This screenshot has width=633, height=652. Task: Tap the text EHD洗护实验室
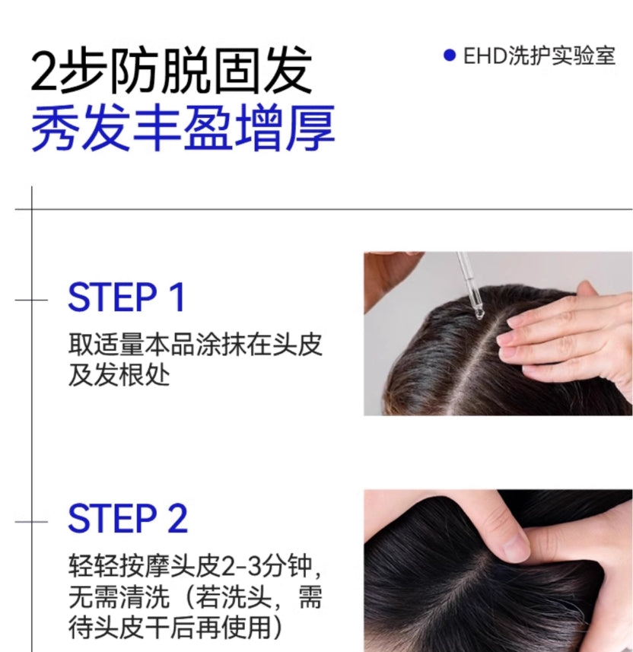(x=539, y=56)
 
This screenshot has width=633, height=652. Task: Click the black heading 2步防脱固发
(x=171, y=72)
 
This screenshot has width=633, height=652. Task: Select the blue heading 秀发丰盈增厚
(x=183, y=129)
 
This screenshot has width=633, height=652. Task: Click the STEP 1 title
(x=126, y=297)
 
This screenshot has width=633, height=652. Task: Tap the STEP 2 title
(x=127, y=519)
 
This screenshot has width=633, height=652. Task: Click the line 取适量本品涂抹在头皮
(x=196, y=344)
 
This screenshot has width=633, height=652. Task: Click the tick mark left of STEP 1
(x=31, y=299)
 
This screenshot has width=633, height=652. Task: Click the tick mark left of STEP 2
(x=31, y=521)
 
